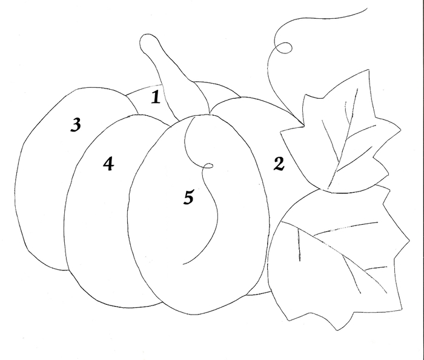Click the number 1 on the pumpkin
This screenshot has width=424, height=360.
[156, 98]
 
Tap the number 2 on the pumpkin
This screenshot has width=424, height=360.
[279, 164]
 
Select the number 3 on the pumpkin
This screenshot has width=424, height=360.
[76, 125]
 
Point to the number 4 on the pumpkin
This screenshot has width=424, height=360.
[108, 164]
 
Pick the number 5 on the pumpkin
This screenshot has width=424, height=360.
[189, 197]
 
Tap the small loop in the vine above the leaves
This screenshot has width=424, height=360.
[283, 48]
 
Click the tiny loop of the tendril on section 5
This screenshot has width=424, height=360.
[208, 166]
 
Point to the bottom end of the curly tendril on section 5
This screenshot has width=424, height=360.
[184, 264]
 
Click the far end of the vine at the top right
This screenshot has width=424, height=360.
[367, 8]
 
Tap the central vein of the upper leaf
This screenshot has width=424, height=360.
[344, 138]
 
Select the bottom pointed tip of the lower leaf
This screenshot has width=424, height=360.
[337, 330]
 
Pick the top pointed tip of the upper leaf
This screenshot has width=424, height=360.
[368, 70]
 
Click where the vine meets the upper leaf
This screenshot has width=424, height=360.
[303, 125]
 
